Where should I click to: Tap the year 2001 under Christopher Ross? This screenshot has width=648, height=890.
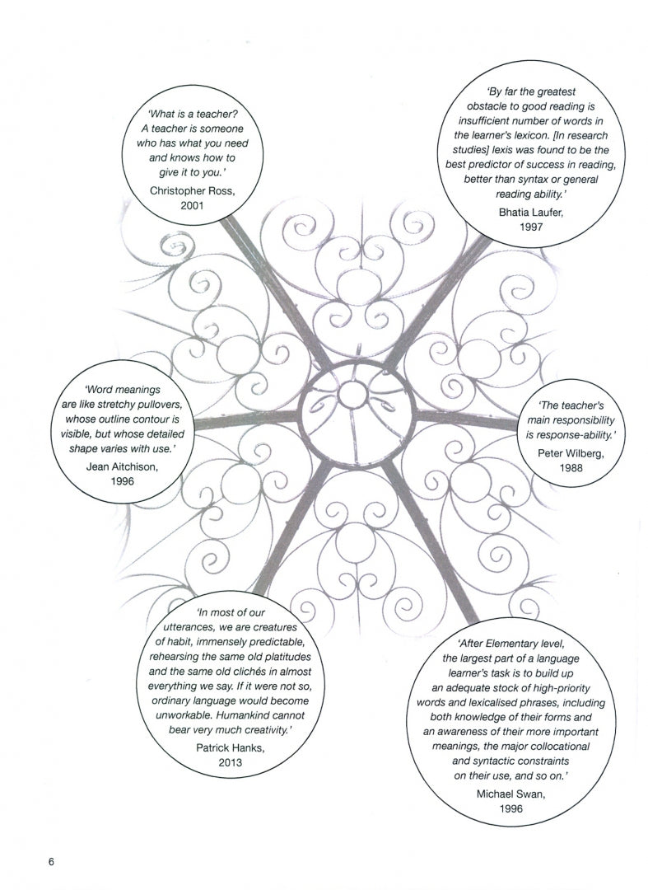pos(191,205)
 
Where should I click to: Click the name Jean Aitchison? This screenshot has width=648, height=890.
pos(123,466)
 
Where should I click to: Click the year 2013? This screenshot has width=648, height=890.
pos(230,762)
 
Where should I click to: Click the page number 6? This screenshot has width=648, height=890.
pos(50,863)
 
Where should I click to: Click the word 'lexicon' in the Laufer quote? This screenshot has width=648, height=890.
pos(545,134)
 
